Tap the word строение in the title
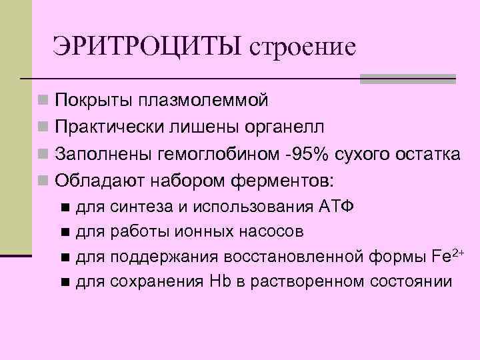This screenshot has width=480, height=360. click(x=302, y=49)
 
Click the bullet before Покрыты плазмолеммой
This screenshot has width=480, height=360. click(x=43, y=101)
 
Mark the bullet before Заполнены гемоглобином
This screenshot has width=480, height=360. click(x=43, y=155)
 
